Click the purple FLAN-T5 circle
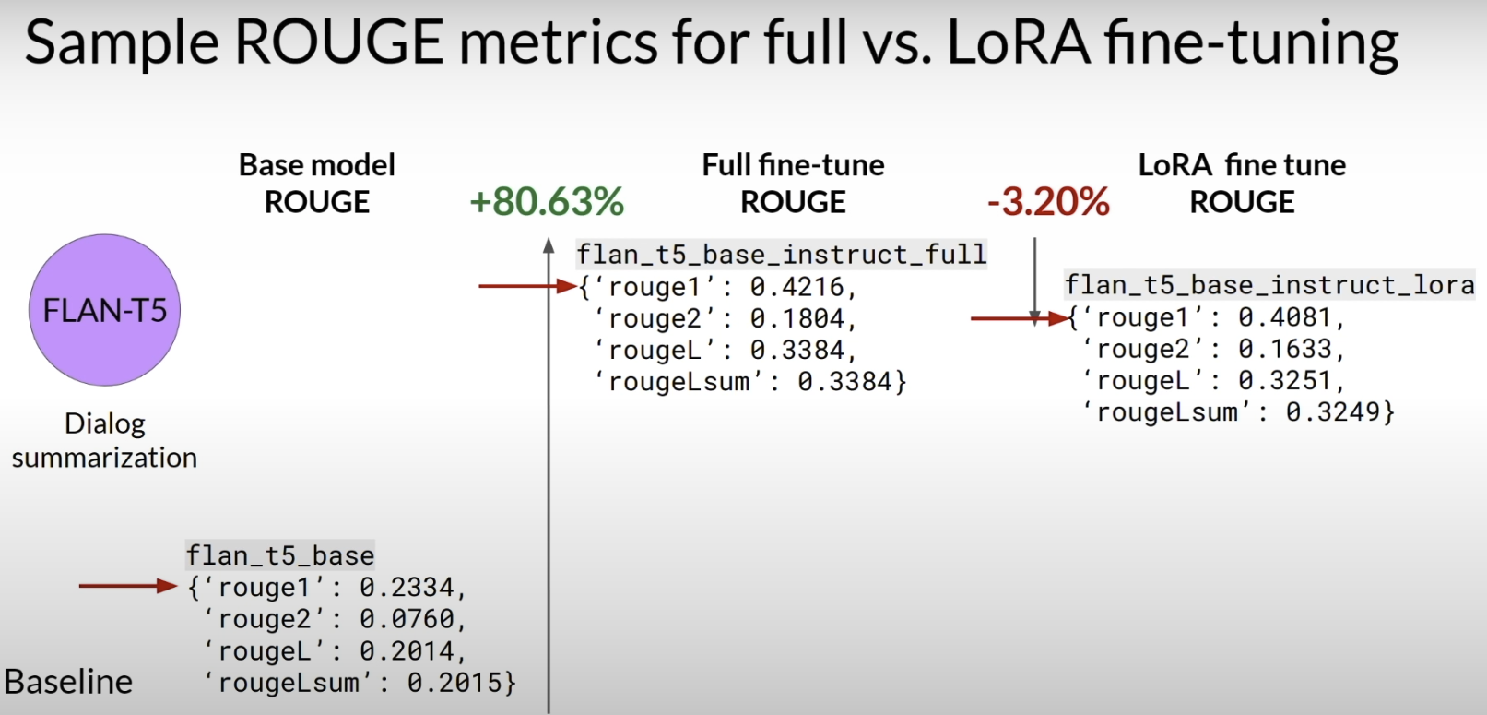tap(104, 310)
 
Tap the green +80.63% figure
tap(547, 201)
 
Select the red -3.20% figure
tap(1048, 201)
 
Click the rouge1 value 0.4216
tap(797, 287)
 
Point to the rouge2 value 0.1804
tap(797, 319)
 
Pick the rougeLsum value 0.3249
tap(1333, 412)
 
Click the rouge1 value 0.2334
tap(407, 588)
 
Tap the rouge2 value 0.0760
tap(407, 619)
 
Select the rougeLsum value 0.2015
tap(454, 683)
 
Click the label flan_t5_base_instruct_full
tap(782, 255)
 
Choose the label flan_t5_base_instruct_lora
tap(1269, 285)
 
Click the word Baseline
tap(68, 682)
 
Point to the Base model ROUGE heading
tap(316, 184)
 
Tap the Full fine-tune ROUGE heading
tap(794, 184)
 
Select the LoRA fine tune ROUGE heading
tap(1242, 184)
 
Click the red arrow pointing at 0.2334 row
tap(128, 586)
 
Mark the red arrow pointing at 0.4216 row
tap(527, 286)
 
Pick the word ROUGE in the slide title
tap(339, 42)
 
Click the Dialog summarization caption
tap(104, 441)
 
